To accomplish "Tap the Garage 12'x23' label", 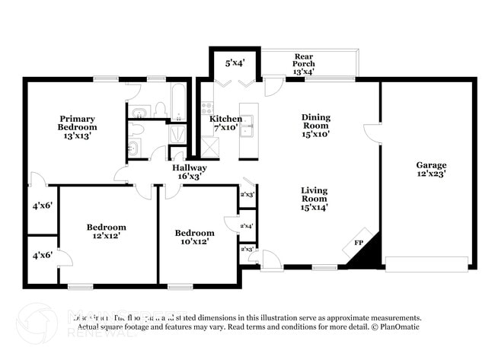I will point(431,169).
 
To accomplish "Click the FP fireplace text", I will point(358,244).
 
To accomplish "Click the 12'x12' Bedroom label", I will point(106,231).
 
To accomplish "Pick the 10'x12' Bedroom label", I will point(194,237).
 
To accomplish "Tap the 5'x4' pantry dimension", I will point(235,63).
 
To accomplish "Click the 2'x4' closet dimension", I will point(247,226).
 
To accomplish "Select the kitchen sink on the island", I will point(247,129).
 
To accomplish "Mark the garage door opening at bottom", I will point(426,263).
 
